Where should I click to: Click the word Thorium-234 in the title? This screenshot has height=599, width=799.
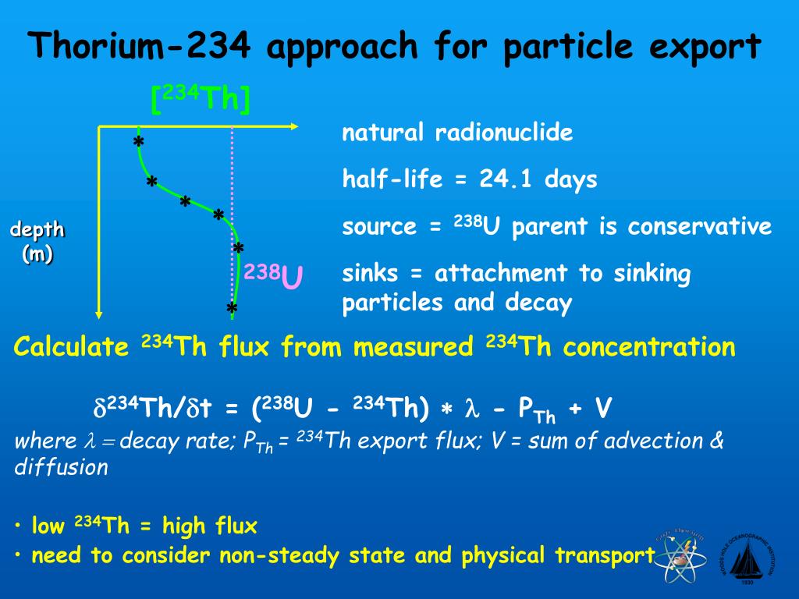[x=140, y=47]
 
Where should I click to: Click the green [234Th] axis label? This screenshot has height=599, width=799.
[x=201, y=99]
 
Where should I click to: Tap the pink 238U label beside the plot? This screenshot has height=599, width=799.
[x=273, y=275]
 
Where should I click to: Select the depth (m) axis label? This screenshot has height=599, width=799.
[x=37, y=242]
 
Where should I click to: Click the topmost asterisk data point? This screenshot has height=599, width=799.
[x=138, y=143]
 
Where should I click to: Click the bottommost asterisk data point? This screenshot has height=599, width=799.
[x=232, y=310]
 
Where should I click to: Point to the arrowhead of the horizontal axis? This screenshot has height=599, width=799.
[x=294, y=126]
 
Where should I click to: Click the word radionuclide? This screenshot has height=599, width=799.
[x=504, y=133]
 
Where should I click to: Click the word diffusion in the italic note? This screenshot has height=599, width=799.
[x=62, y=467]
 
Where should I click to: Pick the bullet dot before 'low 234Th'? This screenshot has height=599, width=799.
[x=18, y=527]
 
